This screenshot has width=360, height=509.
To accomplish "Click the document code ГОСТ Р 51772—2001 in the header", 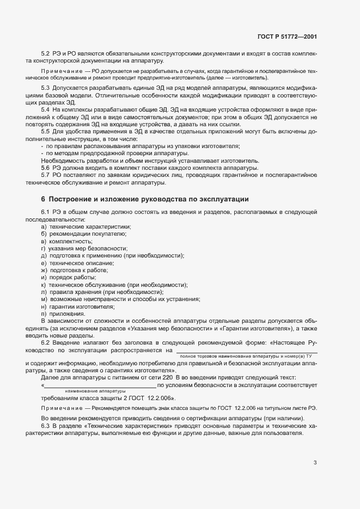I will click(x=287, y=37).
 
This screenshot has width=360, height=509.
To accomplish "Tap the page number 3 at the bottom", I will click(x=315, y=463).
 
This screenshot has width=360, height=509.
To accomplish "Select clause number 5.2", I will click(x=46, y=53).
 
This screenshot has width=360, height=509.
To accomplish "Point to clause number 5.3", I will click(x=46, y=88).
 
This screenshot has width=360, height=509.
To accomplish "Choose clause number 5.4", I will click(x=46, y=110).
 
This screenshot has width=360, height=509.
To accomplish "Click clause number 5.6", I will click(x=46, y=168).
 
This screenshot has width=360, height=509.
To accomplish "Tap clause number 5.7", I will click(x=46, y=175).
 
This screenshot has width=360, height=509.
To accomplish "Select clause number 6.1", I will click(x=46, y=212).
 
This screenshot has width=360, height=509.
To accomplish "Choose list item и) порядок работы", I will click(x=68, y=278).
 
